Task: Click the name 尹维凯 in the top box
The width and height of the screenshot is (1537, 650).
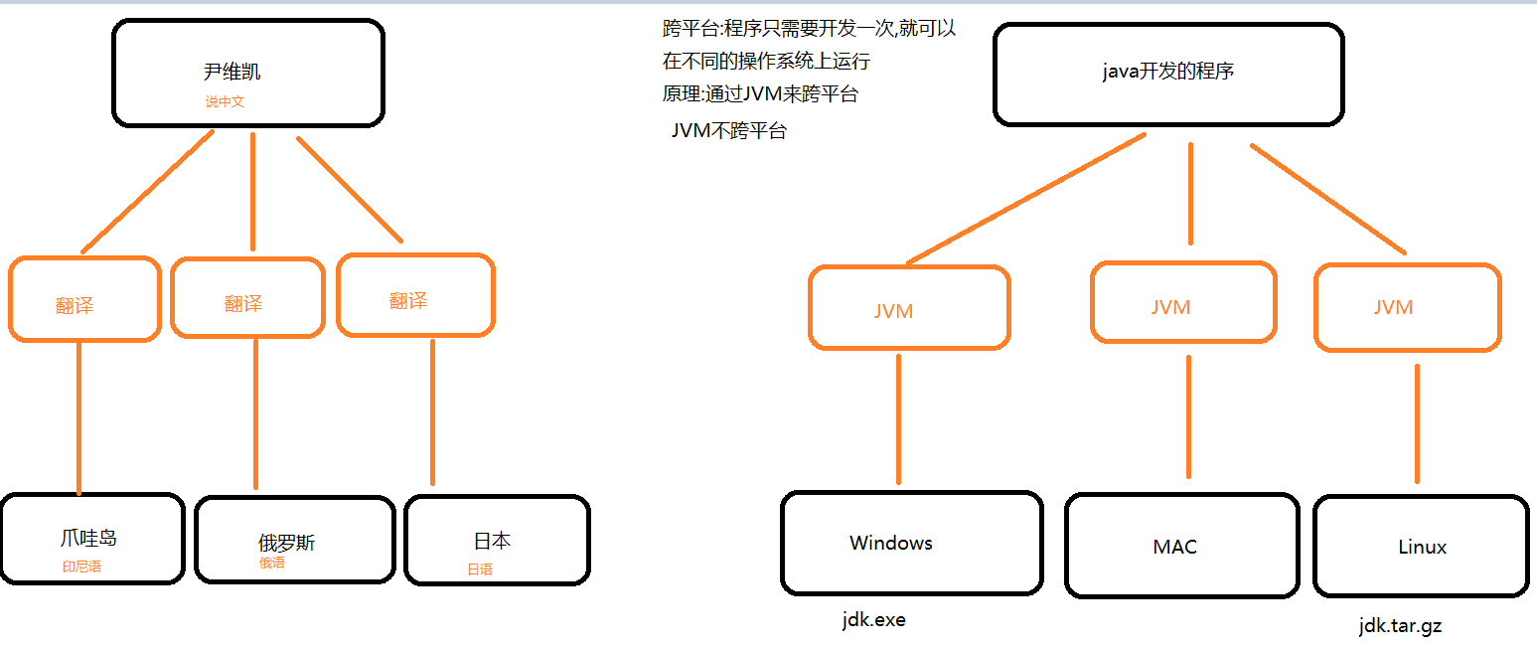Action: pyautogui.click(x=232, y=72)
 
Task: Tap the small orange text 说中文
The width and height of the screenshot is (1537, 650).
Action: pyautogui.click(x=225, y=101)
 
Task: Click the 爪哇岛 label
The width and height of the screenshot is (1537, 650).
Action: pyautogui.click(x=88, y=539)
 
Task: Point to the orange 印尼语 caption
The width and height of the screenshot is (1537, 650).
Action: pyautogui.click(x=81, y=567)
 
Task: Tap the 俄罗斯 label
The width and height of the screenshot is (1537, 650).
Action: pyautogui.click(x=287, y=543)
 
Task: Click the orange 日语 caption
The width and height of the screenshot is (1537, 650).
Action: pyautogui.click(x=480, y=569)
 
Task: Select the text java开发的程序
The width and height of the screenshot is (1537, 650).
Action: pyautogui.click(x=1168, y=72)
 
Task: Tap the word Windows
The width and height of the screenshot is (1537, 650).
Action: pyautogui.click(x=891, y=543)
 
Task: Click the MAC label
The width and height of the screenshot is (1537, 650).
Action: pyautogui.click(x=1174, y=547)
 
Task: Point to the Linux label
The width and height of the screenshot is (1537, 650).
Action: pyautogui.click(x=1422, y=547)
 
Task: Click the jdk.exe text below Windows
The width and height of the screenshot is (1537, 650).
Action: pyautogui.click(x=873, y=619)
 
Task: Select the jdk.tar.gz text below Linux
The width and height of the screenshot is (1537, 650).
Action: pyautogui.click(x=1400, y=626)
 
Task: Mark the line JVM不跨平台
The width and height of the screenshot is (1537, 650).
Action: pyautogui.click(x=728, y=130)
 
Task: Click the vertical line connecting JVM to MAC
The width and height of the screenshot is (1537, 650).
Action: pyautogui.click(x=1188, y=417)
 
